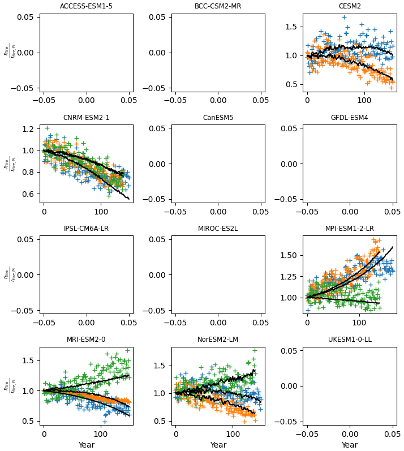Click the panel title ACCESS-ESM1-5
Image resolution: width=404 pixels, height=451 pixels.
pos(86,6)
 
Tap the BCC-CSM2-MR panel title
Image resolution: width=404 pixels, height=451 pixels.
pos(218,6)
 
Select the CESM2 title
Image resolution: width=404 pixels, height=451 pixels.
pos(350,6)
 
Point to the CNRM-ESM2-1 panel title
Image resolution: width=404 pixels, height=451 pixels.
pos(86,118)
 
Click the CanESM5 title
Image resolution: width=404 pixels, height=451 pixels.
pos(218,118)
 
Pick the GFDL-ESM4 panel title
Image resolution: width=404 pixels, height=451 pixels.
pos(350,118)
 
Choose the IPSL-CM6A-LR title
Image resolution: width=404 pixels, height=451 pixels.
pos(86,229)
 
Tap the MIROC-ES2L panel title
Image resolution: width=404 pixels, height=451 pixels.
pos(218,229)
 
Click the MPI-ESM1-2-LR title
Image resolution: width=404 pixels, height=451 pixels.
pos(350,229)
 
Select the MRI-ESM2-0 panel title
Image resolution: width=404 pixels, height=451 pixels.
pos(86,340)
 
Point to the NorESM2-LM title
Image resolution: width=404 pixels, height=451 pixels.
pos(218,340)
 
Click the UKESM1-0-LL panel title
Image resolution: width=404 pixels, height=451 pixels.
pos(350,340)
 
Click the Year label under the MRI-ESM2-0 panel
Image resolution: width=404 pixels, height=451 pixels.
pos(86,445)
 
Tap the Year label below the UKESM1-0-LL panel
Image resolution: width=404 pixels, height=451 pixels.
pos(350,445)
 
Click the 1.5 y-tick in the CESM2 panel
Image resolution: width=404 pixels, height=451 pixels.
pos(292,27)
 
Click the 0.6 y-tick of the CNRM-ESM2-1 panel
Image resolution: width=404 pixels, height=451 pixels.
pos(29,194)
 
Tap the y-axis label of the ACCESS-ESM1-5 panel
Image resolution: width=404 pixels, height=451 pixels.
pos(7,51)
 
